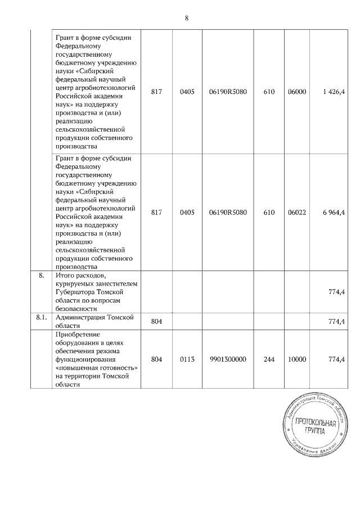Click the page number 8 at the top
coord(186,19)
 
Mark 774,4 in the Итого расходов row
coord(336,292)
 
